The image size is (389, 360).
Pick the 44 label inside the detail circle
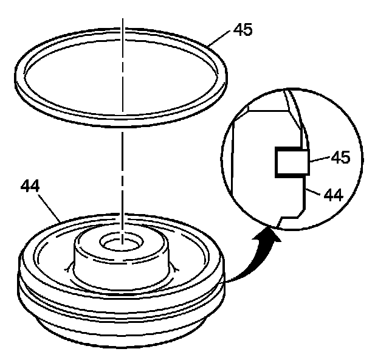click(x=334, y=195)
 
